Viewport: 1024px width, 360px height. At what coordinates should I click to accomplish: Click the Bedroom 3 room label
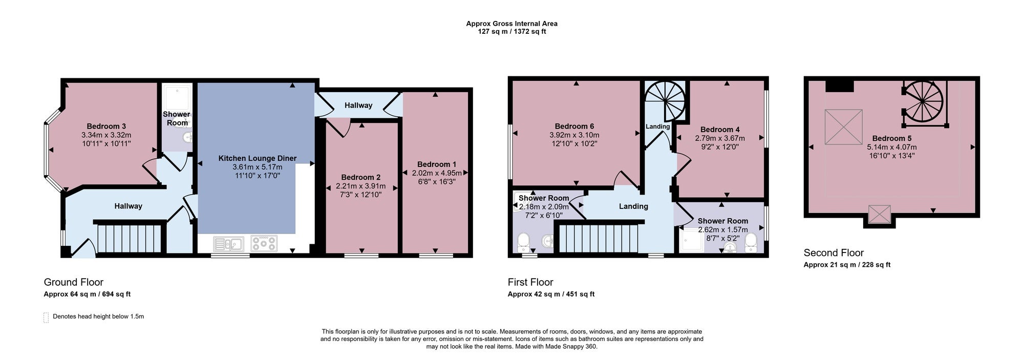click(106, 126)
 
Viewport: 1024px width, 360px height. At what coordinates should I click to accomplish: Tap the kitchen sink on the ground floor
click(228, 244)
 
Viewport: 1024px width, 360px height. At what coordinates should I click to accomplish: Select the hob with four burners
click(264, 243)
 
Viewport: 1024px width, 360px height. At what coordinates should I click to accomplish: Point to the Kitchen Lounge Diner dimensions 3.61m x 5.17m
click(257, 167)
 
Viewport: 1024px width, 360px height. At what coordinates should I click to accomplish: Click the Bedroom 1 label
click(437, 164)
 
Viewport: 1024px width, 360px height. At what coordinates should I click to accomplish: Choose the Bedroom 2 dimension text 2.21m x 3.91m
click(361, 186)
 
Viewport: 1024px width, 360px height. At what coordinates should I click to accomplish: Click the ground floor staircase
click(130, 238)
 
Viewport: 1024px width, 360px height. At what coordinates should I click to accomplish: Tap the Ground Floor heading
click(74, 282)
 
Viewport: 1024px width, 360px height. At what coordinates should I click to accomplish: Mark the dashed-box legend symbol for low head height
click(46, 317)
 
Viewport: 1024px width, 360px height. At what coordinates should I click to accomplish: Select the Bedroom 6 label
click(574, 126)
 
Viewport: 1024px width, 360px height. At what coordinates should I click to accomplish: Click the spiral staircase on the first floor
click(665, 101)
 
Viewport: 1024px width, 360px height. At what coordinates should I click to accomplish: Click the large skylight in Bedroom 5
click(843, 127)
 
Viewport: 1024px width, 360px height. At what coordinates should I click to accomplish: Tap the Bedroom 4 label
click(720, 130)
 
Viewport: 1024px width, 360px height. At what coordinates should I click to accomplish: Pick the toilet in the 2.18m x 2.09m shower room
click(523, 240)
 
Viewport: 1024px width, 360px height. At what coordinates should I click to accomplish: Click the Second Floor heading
click(834, 253)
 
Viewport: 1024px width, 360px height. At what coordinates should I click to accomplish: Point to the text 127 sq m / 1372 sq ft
click(511, 31)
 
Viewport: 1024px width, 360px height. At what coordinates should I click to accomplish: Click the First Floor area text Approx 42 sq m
click(534, 294)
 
